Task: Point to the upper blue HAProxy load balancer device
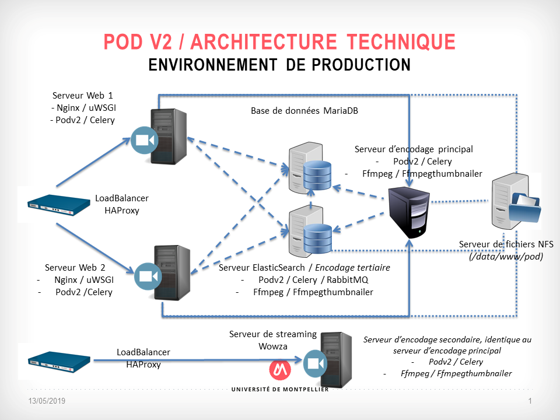[53, 204]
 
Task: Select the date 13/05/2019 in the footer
[47, 401]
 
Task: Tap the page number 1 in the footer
[530, 401]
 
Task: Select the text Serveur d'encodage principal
[414, 149]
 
